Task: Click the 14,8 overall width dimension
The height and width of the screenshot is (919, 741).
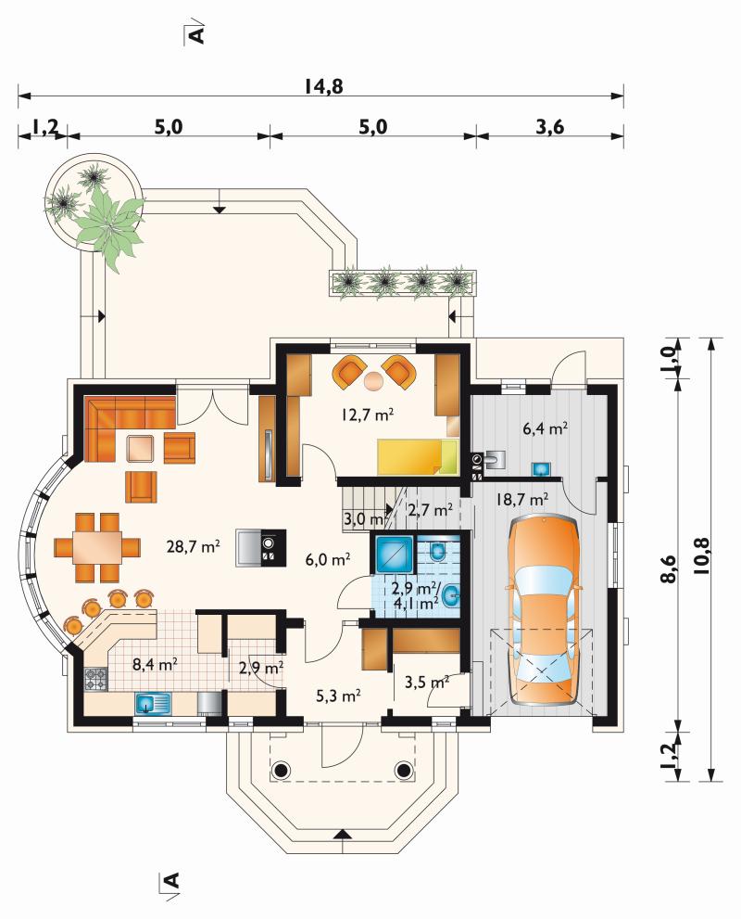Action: (323, 87)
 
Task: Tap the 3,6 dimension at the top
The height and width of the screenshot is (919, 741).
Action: (550, 127)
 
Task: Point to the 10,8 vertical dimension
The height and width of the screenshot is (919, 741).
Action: (701, 555)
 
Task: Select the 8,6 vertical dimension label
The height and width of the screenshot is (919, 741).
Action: (671, 568)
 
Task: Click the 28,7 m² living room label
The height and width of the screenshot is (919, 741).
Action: (194, 547)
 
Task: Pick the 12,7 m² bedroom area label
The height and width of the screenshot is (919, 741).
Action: (367, 415)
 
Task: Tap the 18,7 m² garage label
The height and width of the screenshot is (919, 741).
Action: (522, 500)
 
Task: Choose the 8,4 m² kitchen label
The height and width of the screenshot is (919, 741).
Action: (155, 664)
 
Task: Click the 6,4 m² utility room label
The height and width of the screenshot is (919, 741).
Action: (545, 428)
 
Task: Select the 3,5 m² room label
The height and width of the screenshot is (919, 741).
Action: (427, 683)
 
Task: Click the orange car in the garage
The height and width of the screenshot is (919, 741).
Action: (544, 610)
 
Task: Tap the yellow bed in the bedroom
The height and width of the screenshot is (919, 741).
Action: (418, 456)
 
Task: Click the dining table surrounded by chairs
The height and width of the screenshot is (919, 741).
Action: (98, 547)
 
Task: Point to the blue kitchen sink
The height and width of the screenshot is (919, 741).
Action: (153, 703)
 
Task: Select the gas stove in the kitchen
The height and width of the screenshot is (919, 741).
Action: (96, 680)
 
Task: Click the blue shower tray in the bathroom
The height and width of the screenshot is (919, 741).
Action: (393, 554)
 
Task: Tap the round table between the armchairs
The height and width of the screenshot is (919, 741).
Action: (373, 381)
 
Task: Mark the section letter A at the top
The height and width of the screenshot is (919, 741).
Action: (196, 34)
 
